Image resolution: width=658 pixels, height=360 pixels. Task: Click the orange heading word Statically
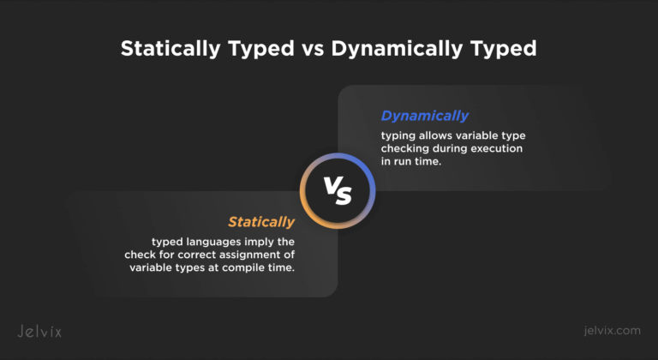pos(261,222)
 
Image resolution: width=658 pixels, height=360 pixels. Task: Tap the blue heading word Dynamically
pos(425,116)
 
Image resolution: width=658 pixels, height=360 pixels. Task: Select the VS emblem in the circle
pos(338,191)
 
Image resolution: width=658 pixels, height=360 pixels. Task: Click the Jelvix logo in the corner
pos(39,332)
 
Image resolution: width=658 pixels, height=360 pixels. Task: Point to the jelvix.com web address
pos(613,331)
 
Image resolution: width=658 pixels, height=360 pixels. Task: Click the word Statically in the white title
pos(170,49)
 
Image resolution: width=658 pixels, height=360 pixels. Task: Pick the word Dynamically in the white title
pos(397,49)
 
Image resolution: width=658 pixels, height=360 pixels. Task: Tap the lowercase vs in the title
pos(313,50)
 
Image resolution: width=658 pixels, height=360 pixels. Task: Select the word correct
pos(196,255)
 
